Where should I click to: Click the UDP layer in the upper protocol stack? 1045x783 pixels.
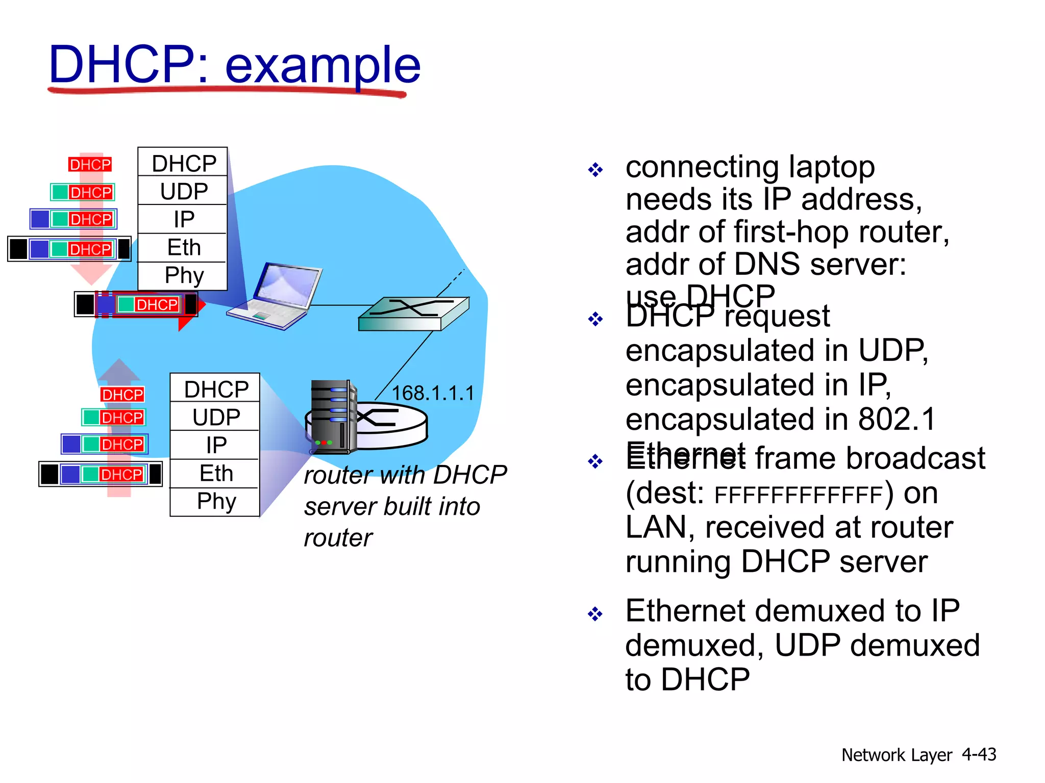[183, 191]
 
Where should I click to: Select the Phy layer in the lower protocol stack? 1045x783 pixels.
[216, 502]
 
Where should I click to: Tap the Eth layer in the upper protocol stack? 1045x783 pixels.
[183, 248]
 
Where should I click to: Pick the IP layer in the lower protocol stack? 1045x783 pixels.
[216, 445]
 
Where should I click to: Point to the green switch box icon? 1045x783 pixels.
[413, 314]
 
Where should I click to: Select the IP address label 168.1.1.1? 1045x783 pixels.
[433, 393]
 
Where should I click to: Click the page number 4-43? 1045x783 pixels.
[978, 754]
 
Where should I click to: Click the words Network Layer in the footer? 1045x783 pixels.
[897, 755]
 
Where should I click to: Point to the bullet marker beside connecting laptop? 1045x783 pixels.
[595, 170]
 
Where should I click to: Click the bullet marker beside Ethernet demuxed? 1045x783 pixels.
[595, 614]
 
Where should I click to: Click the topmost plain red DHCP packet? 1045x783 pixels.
[90, 165]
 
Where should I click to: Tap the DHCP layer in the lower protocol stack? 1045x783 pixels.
[216, 389]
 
